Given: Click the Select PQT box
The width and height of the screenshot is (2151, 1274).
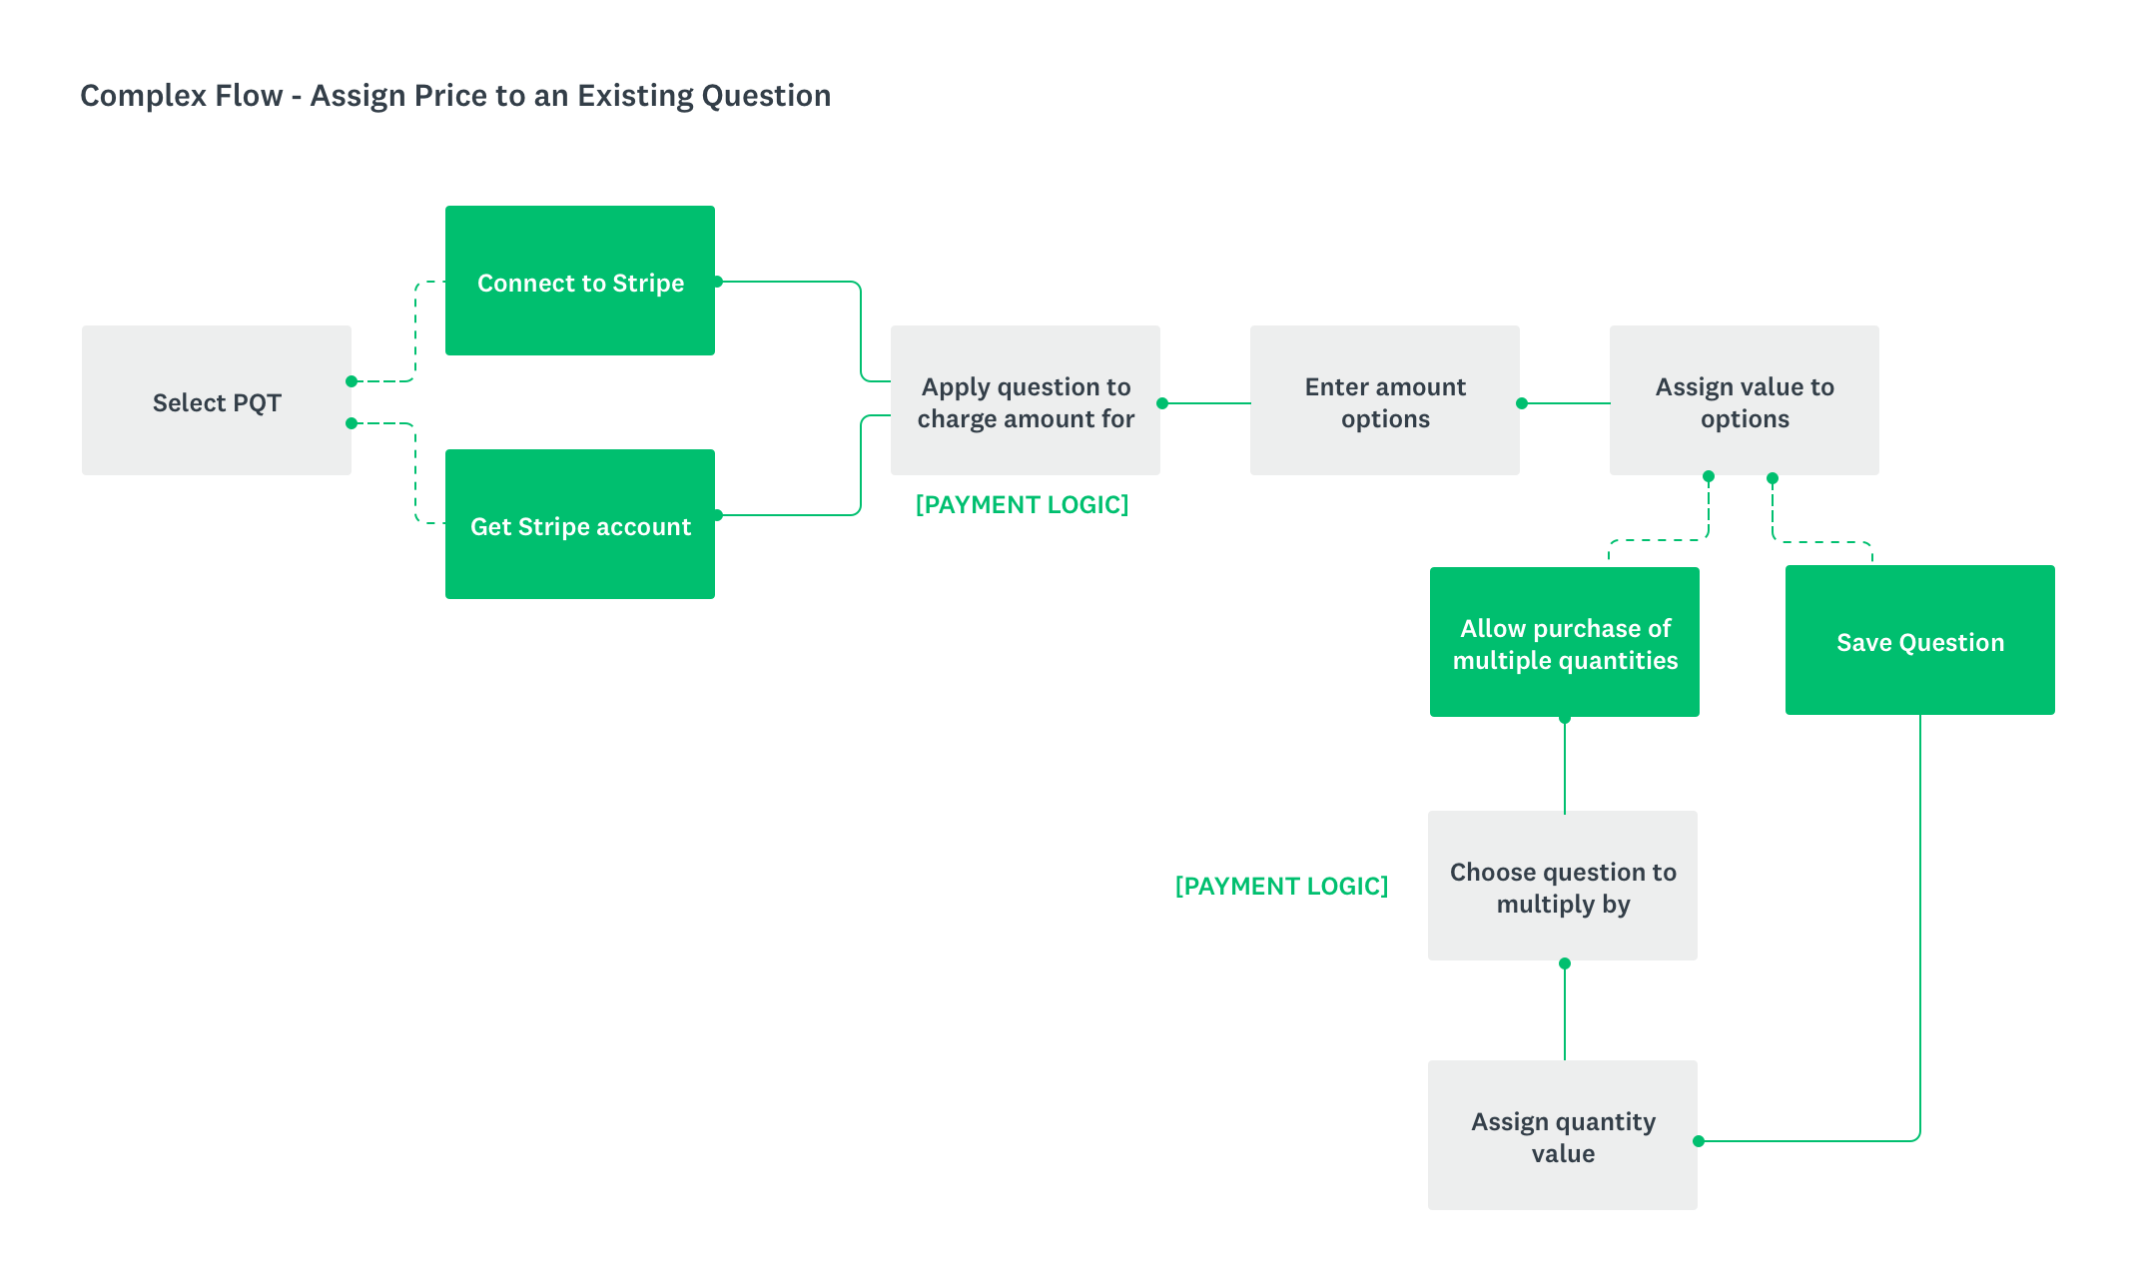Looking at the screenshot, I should pyautogui.click(x=217, y=400).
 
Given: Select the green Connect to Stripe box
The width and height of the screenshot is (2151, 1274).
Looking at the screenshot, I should pyautogui.click(x=580, y=281).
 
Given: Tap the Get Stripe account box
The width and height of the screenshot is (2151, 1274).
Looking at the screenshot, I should pyautogui.click(x=580, y=524).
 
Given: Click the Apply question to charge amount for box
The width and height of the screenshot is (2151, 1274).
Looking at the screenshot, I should pyautogui.click(x=1026, y=400).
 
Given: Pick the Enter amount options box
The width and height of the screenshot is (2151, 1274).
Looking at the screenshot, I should pyautogui.click(x=1385, y=400).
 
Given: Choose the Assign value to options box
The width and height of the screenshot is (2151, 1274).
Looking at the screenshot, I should pyautogui.click(x=1745, y=400).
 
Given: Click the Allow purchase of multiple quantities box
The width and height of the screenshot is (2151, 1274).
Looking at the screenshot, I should pyautogui.click(x=1565, y=642).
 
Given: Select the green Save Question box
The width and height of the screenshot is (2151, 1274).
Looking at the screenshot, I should pyautogui.click(x=1920, y=640).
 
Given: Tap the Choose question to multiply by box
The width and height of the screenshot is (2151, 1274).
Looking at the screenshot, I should pyautogui.click(x=1563, y=886).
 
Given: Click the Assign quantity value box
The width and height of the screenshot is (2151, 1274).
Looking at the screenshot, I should pyautogui.click(x=1563, y=1135).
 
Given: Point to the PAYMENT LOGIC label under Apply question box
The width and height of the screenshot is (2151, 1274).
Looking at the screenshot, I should pyautogui.click(x=1022, y=505).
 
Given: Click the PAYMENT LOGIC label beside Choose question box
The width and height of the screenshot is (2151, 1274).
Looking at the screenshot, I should pyautogui.click(x=1281, y=887).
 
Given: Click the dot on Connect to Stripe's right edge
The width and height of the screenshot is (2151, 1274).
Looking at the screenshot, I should pyautogui.click(x=718, y=282).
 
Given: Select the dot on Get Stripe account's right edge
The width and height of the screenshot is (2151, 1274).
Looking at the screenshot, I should pyautogui.click(x=718, y=515).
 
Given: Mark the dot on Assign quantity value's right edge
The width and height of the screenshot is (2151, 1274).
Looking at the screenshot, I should pyautogui.click(x=1699, y=1141).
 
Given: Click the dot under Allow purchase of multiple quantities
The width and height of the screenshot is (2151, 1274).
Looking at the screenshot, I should pyautogui.click(x=1565, y=718).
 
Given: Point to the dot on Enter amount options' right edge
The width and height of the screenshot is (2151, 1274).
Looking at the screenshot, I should pyautogui.click(x=1522, y=403).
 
